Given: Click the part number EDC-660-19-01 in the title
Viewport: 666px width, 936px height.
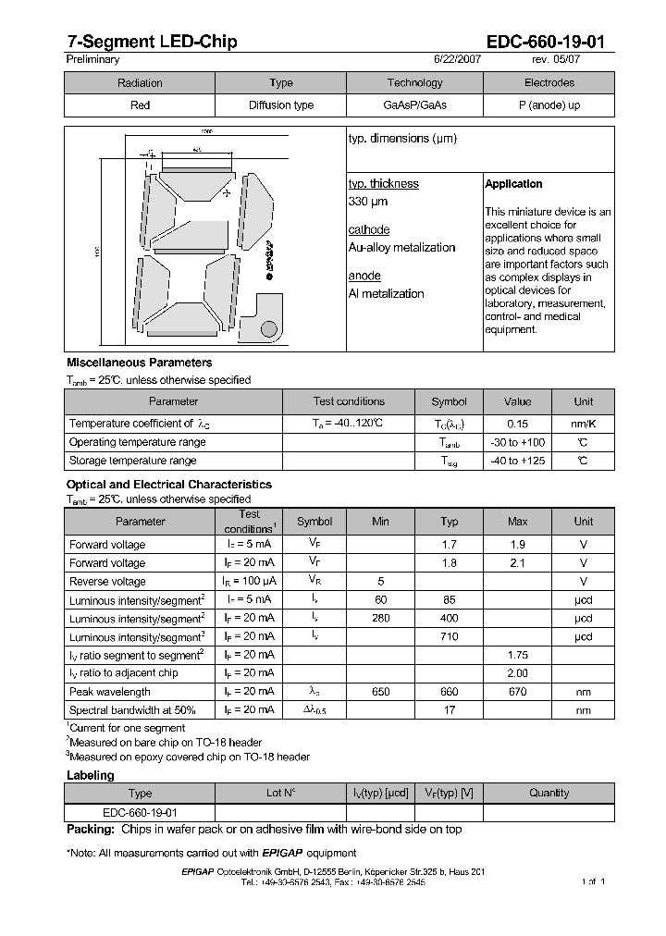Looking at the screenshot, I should (546, 41).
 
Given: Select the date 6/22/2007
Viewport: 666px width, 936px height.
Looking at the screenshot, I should (457, 59).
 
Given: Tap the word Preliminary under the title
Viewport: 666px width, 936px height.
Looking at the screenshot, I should (92, 59).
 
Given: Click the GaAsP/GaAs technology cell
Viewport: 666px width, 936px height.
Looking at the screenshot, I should (414, 105).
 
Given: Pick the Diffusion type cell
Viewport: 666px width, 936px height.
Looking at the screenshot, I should (281, 105).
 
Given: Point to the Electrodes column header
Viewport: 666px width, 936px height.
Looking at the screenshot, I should (549, 82).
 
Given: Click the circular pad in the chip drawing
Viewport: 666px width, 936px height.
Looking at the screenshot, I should (268, 327).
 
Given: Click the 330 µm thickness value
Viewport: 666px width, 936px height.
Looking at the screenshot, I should (368, 202).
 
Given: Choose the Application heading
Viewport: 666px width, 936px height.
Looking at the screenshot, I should (513, 184).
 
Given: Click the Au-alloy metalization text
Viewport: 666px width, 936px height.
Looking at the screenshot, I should (401, 248).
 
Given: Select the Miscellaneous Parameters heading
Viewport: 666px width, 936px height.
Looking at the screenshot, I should (139, 363).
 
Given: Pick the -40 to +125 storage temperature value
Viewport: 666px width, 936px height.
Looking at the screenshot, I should (518, 461).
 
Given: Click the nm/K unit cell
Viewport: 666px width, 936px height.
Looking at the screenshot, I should (583, 424).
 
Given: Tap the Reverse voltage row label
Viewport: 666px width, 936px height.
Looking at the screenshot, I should (107, 582).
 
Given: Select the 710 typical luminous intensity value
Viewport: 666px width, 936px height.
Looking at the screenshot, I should (450, 637).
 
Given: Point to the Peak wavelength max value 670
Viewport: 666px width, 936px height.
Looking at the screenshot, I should (518, 692).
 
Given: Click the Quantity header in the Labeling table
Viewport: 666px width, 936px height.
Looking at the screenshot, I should (549, 794).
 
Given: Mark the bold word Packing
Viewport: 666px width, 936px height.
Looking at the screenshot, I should (90, 830).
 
